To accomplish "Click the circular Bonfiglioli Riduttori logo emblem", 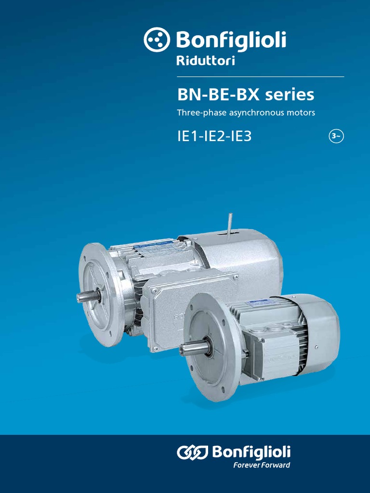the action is pos(157,39).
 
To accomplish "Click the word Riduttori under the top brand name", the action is pos(206,60).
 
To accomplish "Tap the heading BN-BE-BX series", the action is pos(246,95).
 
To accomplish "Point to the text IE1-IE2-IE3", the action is pos(214,137).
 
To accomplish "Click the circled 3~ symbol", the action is pos(336,136).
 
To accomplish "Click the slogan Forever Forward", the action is pos(262,465).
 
